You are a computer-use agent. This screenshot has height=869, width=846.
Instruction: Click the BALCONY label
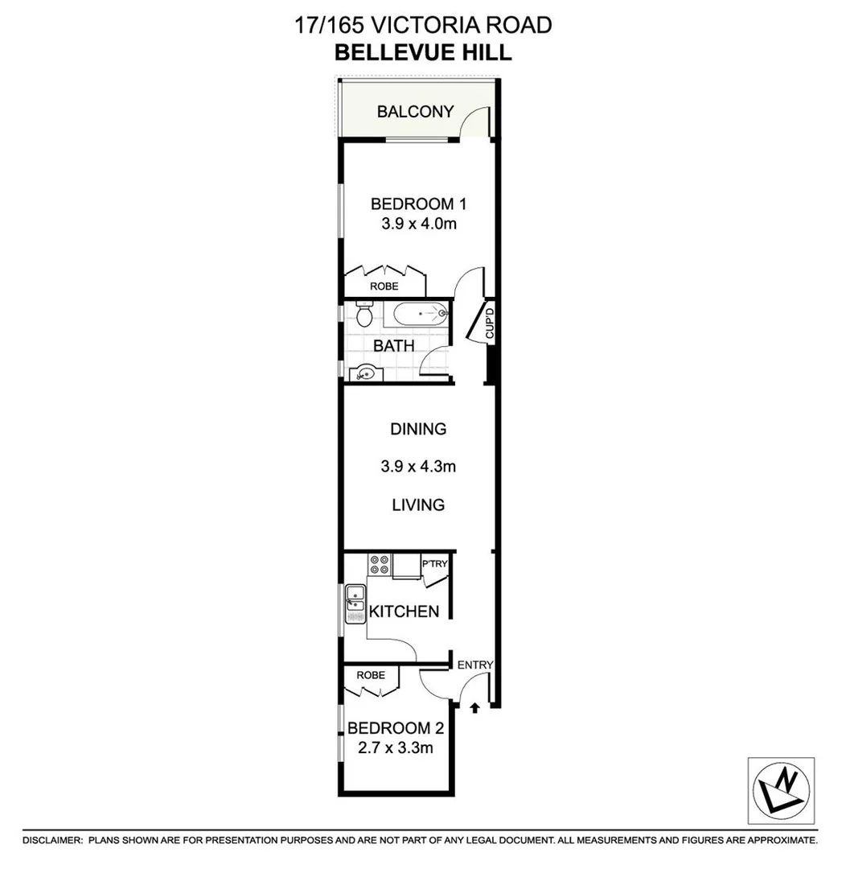point(415,112)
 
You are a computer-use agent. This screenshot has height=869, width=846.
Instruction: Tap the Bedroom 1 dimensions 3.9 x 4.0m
point(419,224)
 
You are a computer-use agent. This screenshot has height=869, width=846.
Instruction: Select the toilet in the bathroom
point(363,315)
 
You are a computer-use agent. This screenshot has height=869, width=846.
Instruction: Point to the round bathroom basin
point(366,373)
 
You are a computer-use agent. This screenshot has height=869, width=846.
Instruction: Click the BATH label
point(394,346)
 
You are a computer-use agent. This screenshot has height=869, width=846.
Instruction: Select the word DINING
point(418,429)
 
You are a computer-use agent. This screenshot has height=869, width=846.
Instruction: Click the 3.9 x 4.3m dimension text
point(419,466)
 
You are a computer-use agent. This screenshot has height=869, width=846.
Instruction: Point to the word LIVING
point(418,505)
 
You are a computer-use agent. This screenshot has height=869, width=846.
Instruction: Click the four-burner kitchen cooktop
point(379,566)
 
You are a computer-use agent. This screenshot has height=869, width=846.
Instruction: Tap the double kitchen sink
point(355,606)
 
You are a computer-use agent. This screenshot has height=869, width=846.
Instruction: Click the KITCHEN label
point(404,612)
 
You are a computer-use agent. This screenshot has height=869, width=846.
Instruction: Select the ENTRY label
point(474,665)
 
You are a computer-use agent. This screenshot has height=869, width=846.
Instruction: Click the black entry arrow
point(474,708)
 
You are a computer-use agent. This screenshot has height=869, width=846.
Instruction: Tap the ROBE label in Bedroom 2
point(371,675)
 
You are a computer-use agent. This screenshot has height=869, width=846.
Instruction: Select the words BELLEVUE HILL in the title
point(423,53)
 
